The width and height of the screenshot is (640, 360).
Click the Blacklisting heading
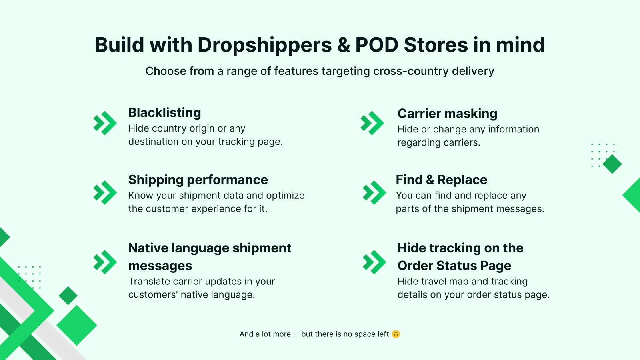[164, 112]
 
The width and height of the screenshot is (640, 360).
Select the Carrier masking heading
[447, 114]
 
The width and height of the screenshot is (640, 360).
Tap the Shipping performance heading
[198, 180]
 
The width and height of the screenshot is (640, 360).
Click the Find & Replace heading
[442, 180]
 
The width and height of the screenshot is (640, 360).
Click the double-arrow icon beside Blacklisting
[105, 123]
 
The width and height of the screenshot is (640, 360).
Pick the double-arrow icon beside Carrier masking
[372, 123]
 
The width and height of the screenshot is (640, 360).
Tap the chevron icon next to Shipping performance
[105, 192]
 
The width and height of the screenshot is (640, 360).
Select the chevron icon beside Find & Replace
[374, 192]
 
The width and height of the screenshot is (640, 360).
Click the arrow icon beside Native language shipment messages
[105, 262]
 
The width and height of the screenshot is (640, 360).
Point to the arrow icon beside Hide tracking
[374, 262]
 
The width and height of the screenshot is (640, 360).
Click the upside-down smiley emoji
[396, 334]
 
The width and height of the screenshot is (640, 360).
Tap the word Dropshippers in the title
[264, 45]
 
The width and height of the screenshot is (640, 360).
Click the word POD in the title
[376, 45]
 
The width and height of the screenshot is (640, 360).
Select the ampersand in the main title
[344, 45]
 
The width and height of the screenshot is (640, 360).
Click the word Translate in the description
[148, 282]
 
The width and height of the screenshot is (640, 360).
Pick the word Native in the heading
[148, 248]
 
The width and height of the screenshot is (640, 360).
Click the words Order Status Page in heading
[454, 266]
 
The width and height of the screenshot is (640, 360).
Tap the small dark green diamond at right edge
[612, 164]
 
